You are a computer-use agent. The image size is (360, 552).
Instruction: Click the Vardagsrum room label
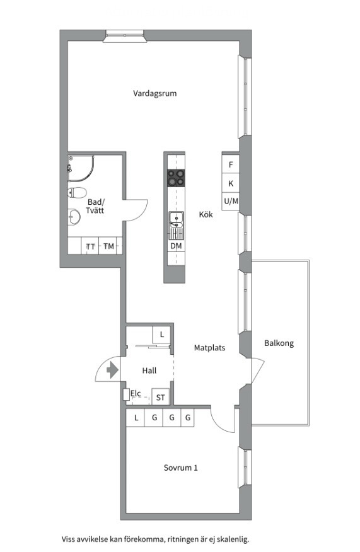pos(154,93)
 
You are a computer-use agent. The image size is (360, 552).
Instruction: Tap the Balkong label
pos(279,343)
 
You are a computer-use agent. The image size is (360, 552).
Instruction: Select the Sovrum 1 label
pos(181,468)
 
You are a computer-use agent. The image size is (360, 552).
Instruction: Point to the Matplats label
pos(209,348)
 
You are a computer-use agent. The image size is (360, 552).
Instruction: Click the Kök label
pos(206,214)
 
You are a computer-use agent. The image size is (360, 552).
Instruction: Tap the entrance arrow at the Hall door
pos(112,370)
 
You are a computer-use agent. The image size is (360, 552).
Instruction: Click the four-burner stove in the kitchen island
pos(176,178)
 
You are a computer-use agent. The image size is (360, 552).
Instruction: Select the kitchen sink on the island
pos(176,220)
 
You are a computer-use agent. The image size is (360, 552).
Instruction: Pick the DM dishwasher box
pos(176,246)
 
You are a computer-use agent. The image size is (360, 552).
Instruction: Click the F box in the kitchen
pos(231,164)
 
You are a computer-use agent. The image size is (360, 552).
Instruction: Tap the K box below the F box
pos(231,183)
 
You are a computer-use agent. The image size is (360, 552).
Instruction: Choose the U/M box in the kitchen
pos(231,202)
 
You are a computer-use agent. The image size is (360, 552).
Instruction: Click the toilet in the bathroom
pos(77,193)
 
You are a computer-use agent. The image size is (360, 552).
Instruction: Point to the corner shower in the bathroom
pos(80,168)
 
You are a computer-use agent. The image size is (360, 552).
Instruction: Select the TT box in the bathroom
pos(91,246)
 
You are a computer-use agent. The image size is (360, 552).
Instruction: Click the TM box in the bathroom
pos(108,246)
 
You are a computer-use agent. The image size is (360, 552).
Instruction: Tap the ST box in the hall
pos(161,397)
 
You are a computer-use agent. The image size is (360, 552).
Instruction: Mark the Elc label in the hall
pos(136,393)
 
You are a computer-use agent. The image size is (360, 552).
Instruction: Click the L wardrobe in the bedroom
pos(136,418)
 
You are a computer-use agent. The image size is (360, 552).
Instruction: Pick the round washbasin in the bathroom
pos(74,217)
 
